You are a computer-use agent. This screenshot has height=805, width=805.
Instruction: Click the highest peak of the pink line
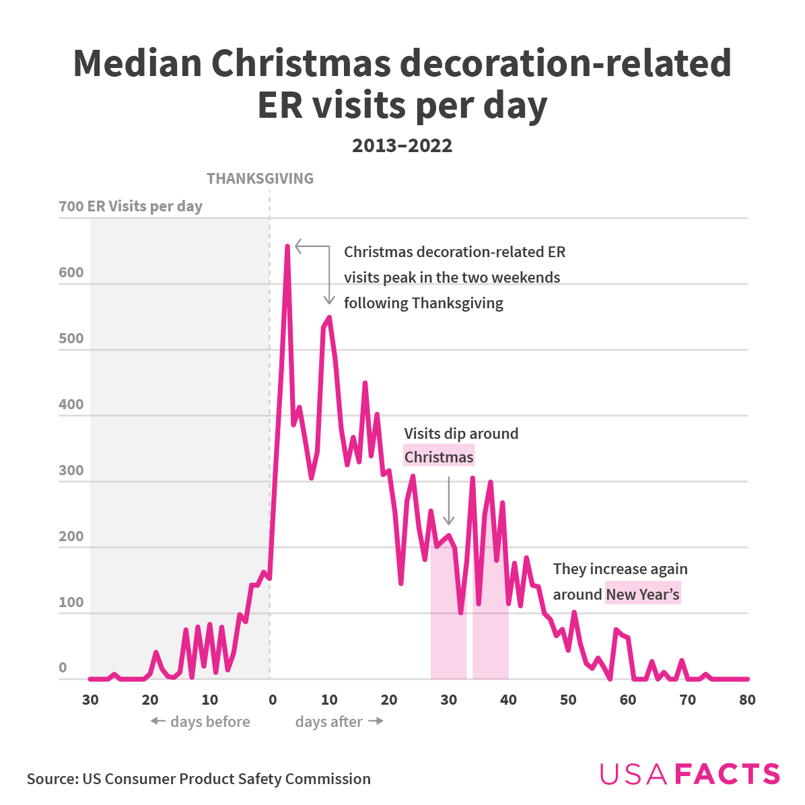pos(287,247)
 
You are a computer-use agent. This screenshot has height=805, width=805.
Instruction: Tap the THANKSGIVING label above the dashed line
pos(260,178)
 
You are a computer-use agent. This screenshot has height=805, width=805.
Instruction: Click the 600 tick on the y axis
pos(71,273)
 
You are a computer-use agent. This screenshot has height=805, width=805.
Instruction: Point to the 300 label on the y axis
pos(71,470)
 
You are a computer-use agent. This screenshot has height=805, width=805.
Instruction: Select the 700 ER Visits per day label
pos(131,207)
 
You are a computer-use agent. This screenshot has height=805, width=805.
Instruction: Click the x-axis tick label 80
pos(747,700)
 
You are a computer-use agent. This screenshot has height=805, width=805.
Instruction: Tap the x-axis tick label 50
pos(568,700)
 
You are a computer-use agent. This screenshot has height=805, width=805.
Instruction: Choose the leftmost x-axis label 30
pos(90,700)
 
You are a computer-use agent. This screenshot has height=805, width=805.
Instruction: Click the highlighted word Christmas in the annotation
pos(439,457)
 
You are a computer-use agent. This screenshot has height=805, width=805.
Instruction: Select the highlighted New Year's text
pos(643,594)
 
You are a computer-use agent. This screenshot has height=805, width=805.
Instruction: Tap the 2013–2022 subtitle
pos(402,145)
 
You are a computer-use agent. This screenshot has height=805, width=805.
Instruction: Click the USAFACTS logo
pos(689,774)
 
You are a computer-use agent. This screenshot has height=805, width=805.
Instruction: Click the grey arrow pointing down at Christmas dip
pos(449,501)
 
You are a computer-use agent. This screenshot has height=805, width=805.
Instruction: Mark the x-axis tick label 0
pos(272,700)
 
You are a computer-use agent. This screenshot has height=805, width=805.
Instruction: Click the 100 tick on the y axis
pos(71,602)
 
